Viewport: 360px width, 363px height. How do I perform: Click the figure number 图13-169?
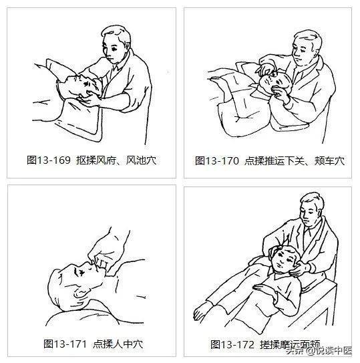click(x=49, y=160)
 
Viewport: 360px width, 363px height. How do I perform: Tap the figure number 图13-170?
click(x=217, y=161)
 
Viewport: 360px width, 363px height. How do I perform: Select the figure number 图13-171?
click(x=65, y=344)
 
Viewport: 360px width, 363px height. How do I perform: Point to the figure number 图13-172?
click(x=232, y=345)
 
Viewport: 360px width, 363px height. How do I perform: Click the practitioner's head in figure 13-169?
click(x=116, y=44)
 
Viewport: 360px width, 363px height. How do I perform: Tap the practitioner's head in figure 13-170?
click(x=307, y=48)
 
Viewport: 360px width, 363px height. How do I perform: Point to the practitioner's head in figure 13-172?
click(x=312, y=210)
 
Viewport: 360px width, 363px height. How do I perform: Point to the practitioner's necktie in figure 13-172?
click(x=308, y=239)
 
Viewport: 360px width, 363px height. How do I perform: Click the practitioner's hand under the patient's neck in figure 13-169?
click(x=89, y=100)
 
